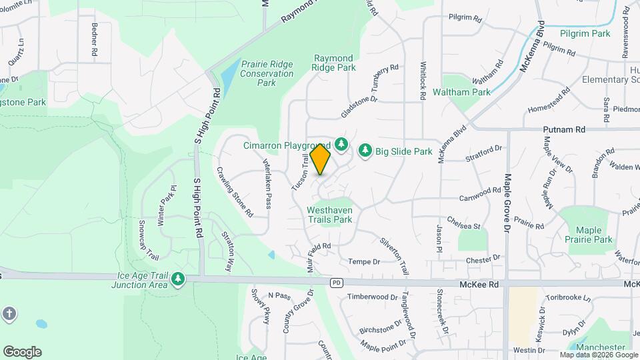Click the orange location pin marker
[x=321, y=159]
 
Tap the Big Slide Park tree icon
[x=365, y=151]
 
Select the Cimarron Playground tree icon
[x=341, y=144]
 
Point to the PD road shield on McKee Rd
[x=337, y=283]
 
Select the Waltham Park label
[x=457, y=91]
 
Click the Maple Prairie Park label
[x=588, y=234]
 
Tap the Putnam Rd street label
[x=563, y=129]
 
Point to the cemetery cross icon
[x=9, y=313]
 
